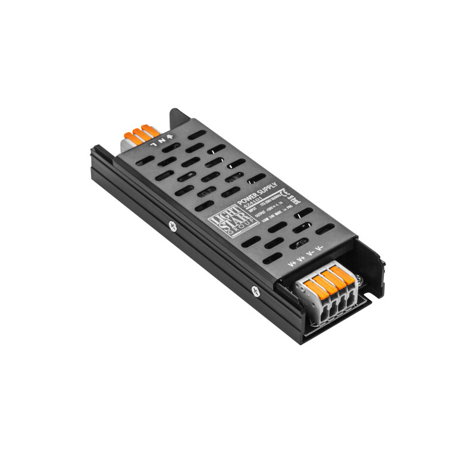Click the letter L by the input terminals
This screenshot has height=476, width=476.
coord(154,143)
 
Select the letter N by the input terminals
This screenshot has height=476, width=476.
coord(162,141)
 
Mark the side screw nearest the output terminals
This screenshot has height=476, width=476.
coord(255,291)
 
